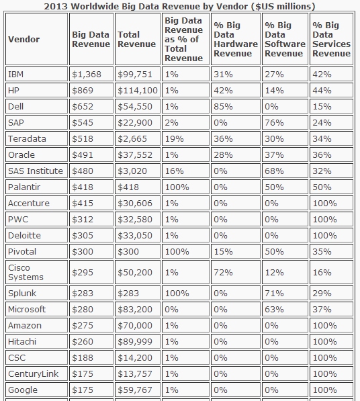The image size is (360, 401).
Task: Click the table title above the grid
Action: tap(179, 6)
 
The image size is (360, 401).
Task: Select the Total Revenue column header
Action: tap(136, 39)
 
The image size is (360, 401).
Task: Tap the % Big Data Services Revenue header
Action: tap(331, 39)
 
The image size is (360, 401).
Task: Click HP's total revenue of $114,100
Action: tap(138, 90)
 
